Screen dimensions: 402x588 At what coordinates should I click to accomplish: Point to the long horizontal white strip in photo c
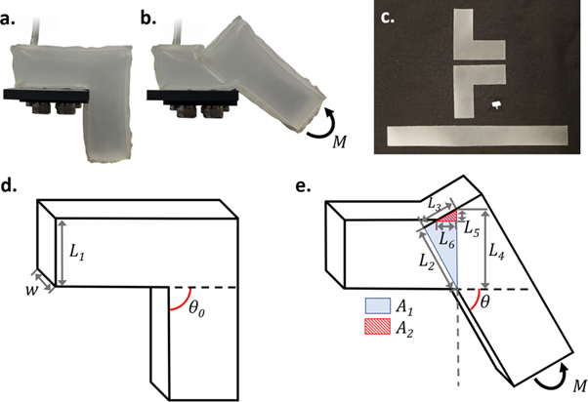coord(478,136)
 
